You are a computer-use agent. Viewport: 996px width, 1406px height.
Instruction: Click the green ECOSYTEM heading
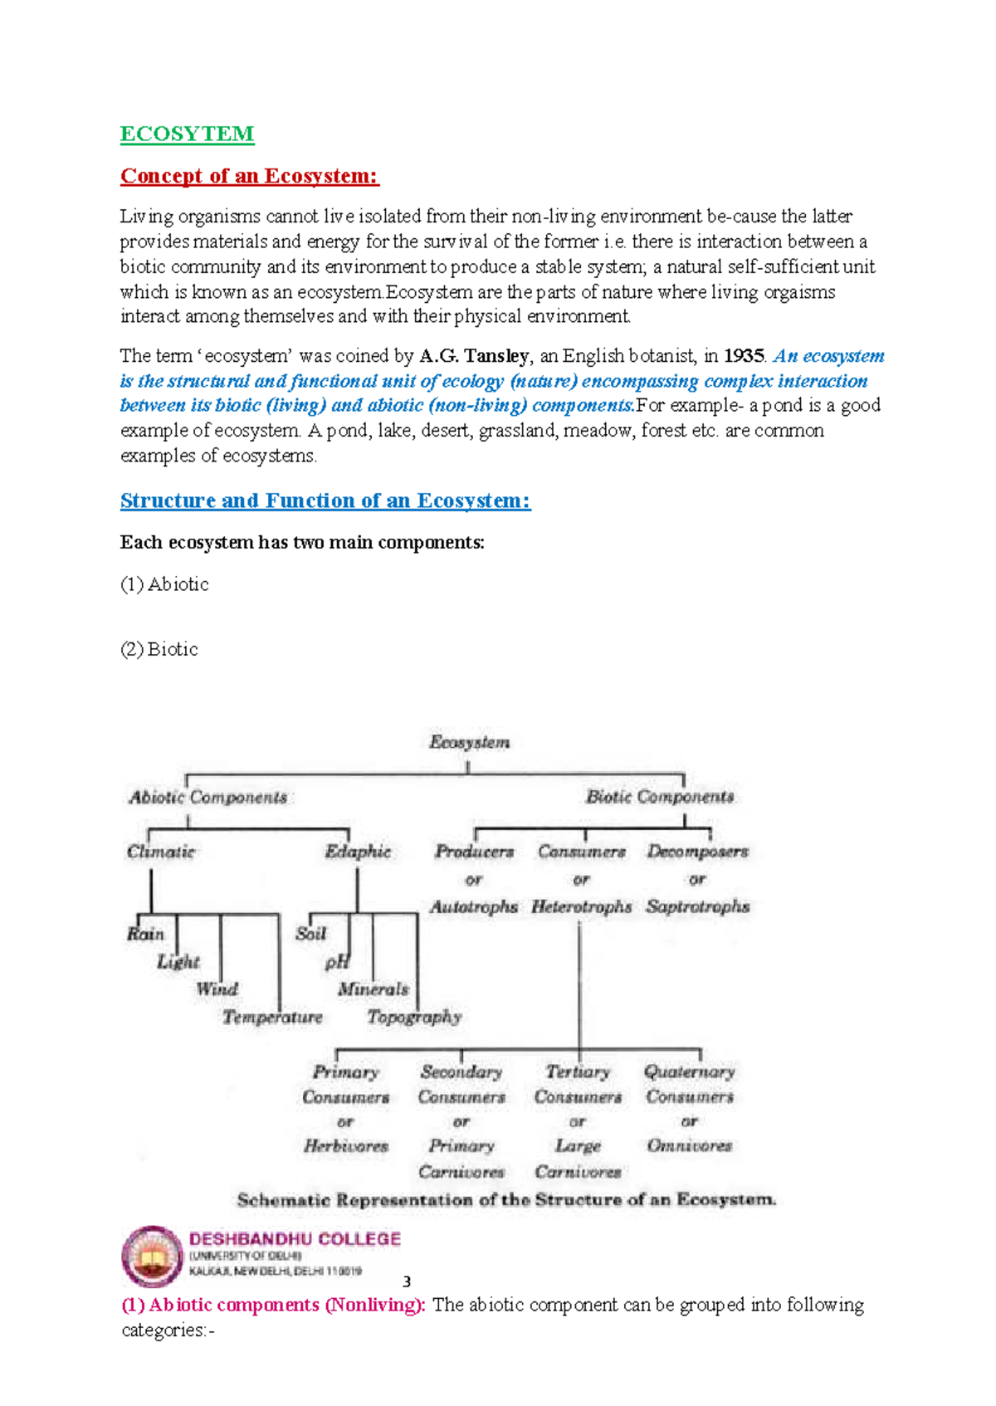point(187,134)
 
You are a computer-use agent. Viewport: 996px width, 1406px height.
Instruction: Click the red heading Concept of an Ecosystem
point(249,176)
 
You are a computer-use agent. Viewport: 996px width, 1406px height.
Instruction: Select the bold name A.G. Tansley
point(474,356)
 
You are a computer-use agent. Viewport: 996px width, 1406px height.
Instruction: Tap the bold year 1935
point(743,356)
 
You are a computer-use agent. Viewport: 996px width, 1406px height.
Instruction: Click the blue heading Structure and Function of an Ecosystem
point(325,500)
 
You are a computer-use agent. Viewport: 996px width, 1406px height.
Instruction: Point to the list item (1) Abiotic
point(164,584)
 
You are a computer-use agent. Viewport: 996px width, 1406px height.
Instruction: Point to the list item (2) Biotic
point(159,649)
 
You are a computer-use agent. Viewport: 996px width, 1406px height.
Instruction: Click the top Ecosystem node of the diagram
point(469,742)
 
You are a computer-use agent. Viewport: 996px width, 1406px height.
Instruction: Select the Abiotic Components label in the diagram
point(207,798)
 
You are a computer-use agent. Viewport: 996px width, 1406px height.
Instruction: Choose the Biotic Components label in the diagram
point(660,797)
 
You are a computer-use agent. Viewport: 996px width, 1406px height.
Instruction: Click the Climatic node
point(160,852)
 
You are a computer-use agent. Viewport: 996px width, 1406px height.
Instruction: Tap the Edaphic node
point(358,852)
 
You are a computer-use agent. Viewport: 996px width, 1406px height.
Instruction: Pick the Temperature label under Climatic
point(272,1017)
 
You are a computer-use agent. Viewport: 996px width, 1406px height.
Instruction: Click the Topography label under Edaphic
point(413,1017)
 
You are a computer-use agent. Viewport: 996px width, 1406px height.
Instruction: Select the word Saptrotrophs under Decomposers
point(697,906)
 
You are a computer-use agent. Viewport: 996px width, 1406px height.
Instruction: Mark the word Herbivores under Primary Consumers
point(345,1146)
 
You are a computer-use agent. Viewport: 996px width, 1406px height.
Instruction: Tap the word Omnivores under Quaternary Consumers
point(689,1146)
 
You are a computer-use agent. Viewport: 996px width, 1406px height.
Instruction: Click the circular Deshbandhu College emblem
point(152,1256)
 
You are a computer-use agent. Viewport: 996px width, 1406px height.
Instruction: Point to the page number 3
point(407,1282)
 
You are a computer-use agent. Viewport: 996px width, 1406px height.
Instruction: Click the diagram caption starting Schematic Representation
point(506,1200)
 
